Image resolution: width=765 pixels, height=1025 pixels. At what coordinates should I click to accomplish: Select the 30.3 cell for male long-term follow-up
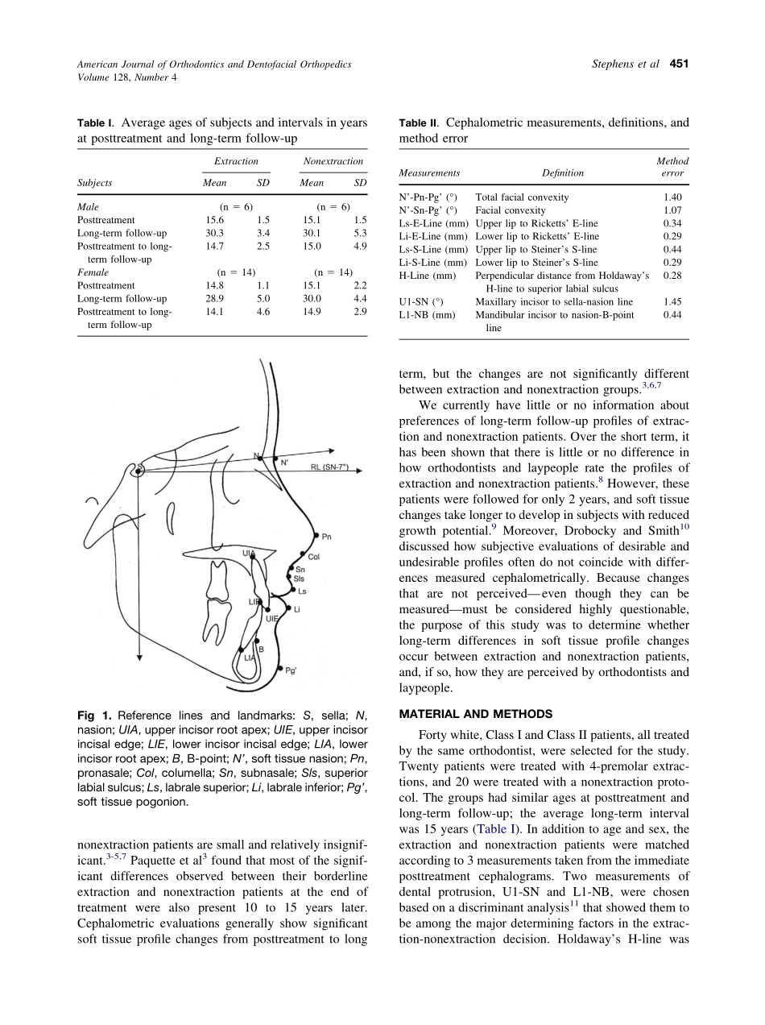tap(213, 233)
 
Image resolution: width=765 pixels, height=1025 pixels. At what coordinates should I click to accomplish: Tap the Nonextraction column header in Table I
tap(333, 161)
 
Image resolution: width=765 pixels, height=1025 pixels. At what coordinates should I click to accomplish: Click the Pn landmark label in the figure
tap(326, 536)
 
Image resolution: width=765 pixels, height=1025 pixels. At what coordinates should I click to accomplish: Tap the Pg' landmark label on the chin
tap(291, 670)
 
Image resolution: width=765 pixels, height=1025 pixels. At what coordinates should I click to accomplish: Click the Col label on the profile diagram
tap(314, 556)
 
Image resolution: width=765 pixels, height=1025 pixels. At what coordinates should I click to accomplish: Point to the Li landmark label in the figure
tap(297, 609)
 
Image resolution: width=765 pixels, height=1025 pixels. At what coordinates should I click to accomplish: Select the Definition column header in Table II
tap(563, 172)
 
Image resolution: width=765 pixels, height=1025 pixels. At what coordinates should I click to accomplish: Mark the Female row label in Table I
tap(93, 272)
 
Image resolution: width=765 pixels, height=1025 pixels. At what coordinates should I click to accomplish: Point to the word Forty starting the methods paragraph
tap(435, 734)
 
